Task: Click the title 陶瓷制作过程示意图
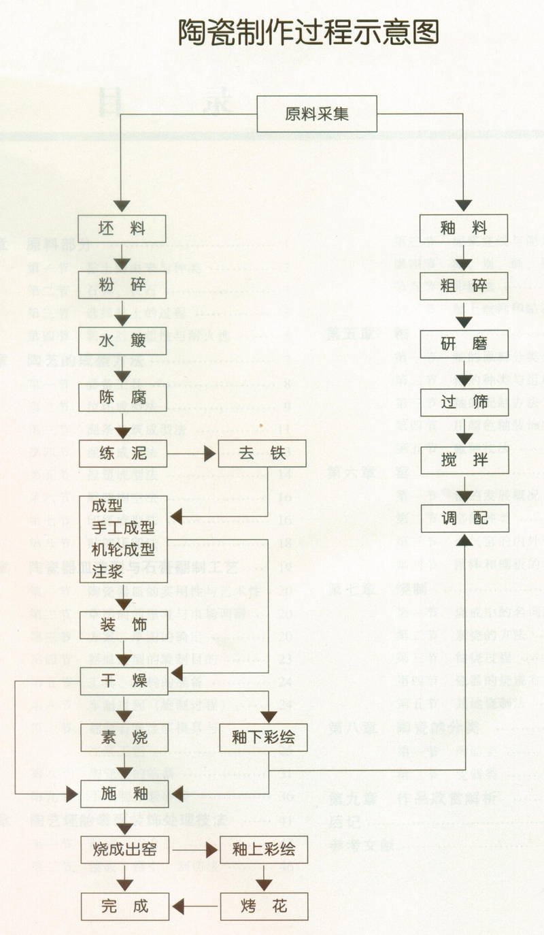click(x=309, y=32)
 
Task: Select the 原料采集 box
click(x=316, y=114)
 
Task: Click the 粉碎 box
click(x=122, y=284)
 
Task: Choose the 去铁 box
click(x=262, y=453)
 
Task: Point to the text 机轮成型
click(x=123, y=549)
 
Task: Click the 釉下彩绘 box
click(x=262, y=737)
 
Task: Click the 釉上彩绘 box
click(x=263, y=849)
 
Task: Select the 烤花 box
click(x=263, y=906)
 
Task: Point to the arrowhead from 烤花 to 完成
click(x=179, y=906)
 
